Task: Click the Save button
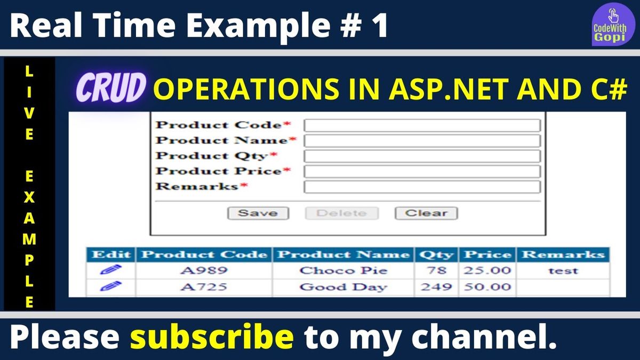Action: [258, 213]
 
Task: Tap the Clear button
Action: [426, 213]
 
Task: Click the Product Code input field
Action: [422, 125]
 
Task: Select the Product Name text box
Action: [422, 141]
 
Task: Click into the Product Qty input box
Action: [422, 156]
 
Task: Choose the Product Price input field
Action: [422, 172]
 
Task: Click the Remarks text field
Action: [422, 187]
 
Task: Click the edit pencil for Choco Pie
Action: [110, 270]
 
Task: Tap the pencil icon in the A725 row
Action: [110, 286]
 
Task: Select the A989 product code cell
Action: [204, 270]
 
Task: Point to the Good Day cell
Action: [343, 287]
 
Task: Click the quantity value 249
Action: [436, 286]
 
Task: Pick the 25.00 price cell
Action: [487, 270]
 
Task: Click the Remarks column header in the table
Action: [563, 254]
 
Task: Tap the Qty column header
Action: [436, 254]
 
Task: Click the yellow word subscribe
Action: [212, 337]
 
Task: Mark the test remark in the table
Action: [563, 270]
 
